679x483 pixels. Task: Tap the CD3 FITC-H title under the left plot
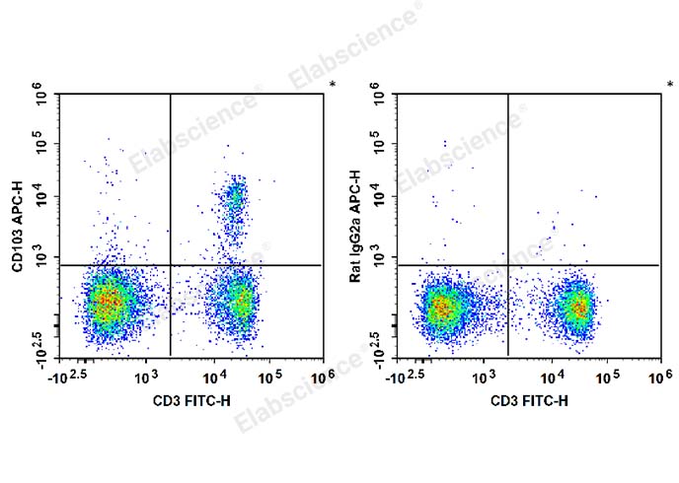pos(192,400)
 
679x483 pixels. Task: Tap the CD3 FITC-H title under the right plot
pos(530,400)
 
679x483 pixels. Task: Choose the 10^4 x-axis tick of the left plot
pos(214,377)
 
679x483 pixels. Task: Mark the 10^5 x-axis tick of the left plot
pos(270,377)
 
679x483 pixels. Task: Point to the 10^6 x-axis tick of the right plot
pos(660,377)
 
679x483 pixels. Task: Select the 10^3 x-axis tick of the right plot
pos(484,377)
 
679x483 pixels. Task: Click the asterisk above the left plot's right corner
pos(333,86)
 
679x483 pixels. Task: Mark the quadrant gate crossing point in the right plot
pos(508,264)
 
